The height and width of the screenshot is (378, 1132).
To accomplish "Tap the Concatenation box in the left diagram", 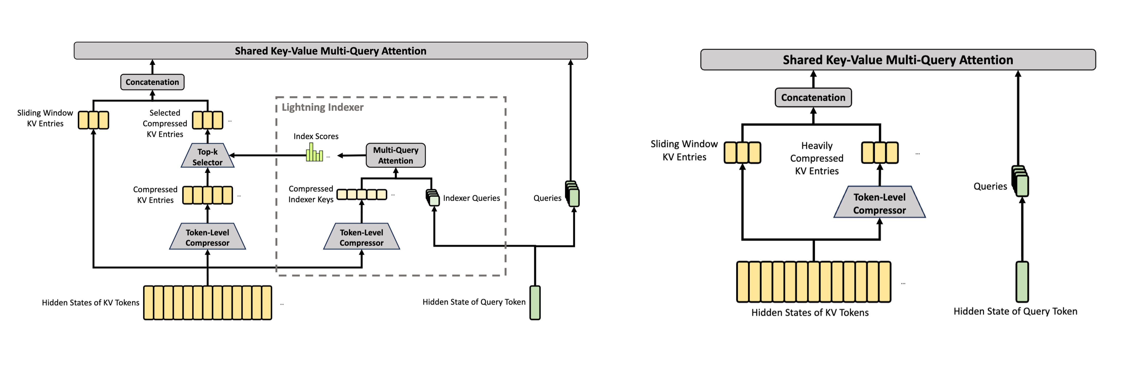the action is click(153, 82).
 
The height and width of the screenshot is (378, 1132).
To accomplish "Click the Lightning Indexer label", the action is click(323, 107).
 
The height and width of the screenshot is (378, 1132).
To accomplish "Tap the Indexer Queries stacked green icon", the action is click(433, 198).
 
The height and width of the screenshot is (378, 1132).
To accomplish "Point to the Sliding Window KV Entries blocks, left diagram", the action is click(94, 120).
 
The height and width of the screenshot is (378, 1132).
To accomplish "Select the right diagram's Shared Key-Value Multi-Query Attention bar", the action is click(898, 60).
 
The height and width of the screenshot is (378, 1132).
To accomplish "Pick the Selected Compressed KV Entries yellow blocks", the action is click(208, 120).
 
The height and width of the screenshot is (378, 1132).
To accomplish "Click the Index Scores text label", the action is click(316, 136).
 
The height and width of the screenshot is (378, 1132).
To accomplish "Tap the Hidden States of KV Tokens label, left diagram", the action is click(91, 302).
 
